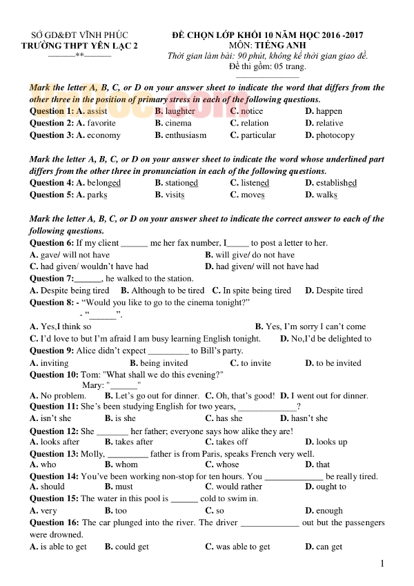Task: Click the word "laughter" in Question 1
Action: click(x=180, y=111)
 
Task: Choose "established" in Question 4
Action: click(x=336, y=183)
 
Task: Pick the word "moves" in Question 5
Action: click(x=253, y=195)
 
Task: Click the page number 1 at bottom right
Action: click(x=382, y=564)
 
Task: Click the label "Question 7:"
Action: click(x=52, y=279)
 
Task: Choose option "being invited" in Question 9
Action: click(x=164, y=363)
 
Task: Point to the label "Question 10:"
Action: click(x=55, y=375)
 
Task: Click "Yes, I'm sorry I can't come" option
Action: click(x=315, y=326)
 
